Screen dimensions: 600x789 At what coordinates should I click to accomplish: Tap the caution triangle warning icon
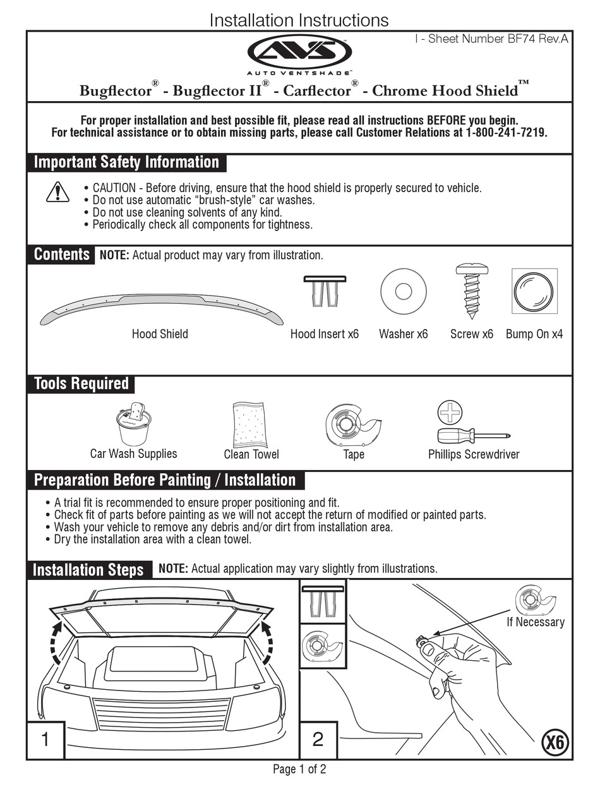pyautogui.click(x=57, y=191)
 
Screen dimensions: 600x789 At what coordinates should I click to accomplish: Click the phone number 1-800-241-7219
pyautogui.click(x=507, y=133)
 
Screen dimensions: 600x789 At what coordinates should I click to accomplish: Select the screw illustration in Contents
pyautogui.click(x=472, y=291)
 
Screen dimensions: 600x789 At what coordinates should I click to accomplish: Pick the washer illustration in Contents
pyautogui.click(x=403, y=291)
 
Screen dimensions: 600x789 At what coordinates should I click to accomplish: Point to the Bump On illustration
pyautogui.click(x=534, y=291)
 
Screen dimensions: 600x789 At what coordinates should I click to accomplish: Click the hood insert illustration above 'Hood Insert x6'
pyautogui.click(x=325, y=291)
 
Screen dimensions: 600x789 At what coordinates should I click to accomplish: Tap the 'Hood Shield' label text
pyautogui.click(x=160, y=334)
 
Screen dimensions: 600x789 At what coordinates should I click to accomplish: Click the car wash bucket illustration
pyautogui.click(x=133, y=424)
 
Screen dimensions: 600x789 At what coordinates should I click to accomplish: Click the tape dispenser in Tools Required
pyautogui.click(x=353, y=424)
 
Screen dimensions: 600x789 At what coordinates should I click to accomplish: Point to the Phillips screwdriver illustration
pyautogui.click(x=474, y=436)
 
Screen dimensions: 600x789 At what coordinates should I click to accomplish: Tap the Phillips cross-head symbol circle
pyautogui.click(x=450, y=412)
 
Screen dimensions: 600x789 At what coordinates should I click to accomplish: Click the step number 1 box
pyautogui.click(x=45, y=740)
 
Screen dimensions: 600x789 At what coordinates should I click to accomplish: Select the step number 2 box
pyautogui.click(x=318, y=740)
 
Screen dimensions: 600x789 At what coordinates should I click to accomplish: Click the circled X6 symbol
pyautogui.click(x=555, y=742)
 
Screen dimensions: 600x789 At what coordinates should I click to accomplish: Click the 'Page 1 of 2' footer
pyautogui.click(x=299, y=769)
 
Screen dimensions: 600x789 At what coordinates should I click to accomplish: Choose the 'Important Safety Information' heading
pyautogui.click(x=126, y=162)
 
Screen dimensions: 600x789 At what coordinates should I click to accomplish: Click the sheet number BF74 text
pyautogui.click(x=492, y=39)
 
